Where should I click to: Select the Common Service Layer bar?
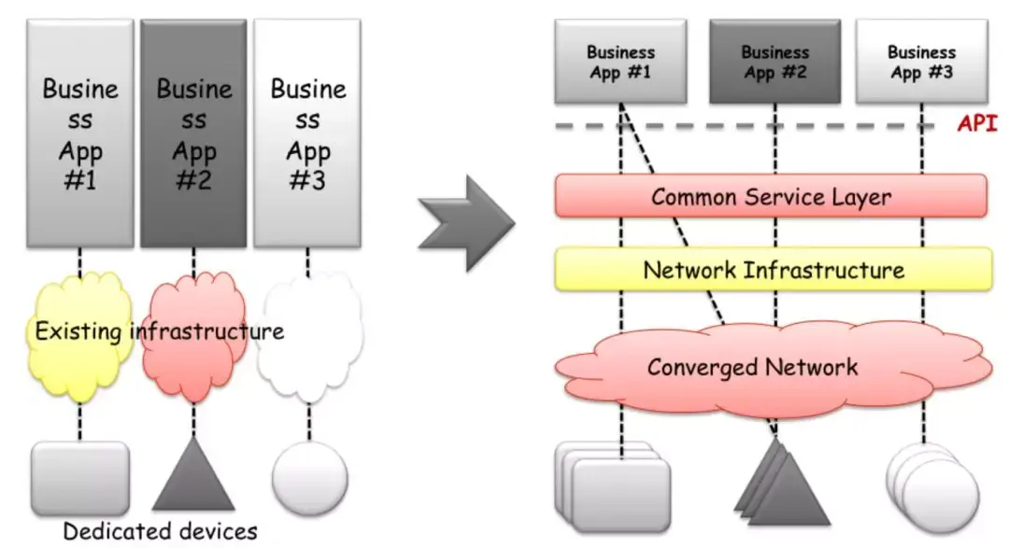771,197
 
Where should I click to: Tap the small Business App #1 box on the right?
620,62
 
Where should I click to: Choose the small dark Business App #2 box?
775,62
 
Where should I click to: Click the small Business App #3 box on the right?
921,62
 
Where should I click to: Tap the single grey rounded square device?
80,477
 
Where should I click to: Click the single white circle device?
309,478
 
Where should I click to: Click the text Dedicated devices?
160,531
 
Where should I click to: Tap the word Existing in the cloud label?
80,330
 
